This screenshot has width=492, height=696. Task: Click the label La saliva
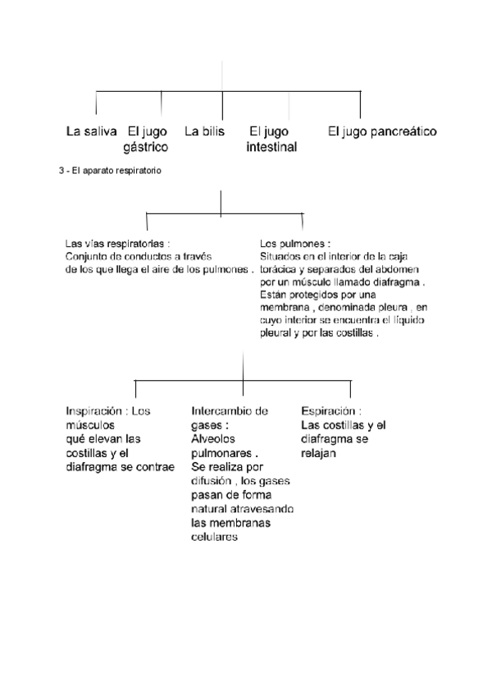92,131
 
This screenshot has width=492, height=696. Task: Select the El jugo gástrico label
147,139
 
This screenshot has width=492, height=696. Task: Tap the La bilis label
204,131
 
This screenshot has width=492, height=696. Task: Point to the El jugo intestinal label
271,139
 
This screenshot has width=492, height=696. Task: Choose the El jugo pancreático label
382,131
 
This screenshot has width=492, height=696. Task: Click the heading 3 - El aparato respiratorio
110,171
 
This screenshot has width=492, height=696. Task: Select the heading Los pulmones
294,245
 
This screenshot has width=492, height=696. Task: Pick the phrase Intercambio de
230,410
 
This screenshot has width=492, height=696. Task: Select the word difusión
212,481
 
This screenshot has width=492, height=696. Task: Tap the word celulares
213,538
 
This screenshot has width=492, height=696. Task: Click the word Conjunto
87,257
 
